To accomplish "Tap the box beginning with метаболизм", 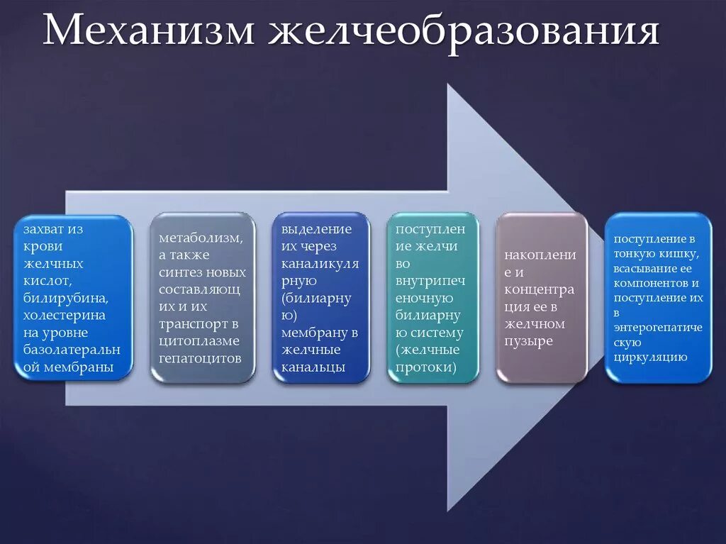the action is [202, 298].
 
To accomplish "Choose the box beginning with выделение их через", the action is [320, 298].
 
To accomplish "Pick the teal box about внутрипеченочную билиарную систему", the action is [432, 298].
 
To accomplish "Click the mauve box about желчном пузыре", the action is [542, 298].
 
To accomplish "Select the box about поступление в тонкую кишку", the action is [658, 298].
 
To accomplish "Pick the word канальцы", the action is [313, 367].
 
